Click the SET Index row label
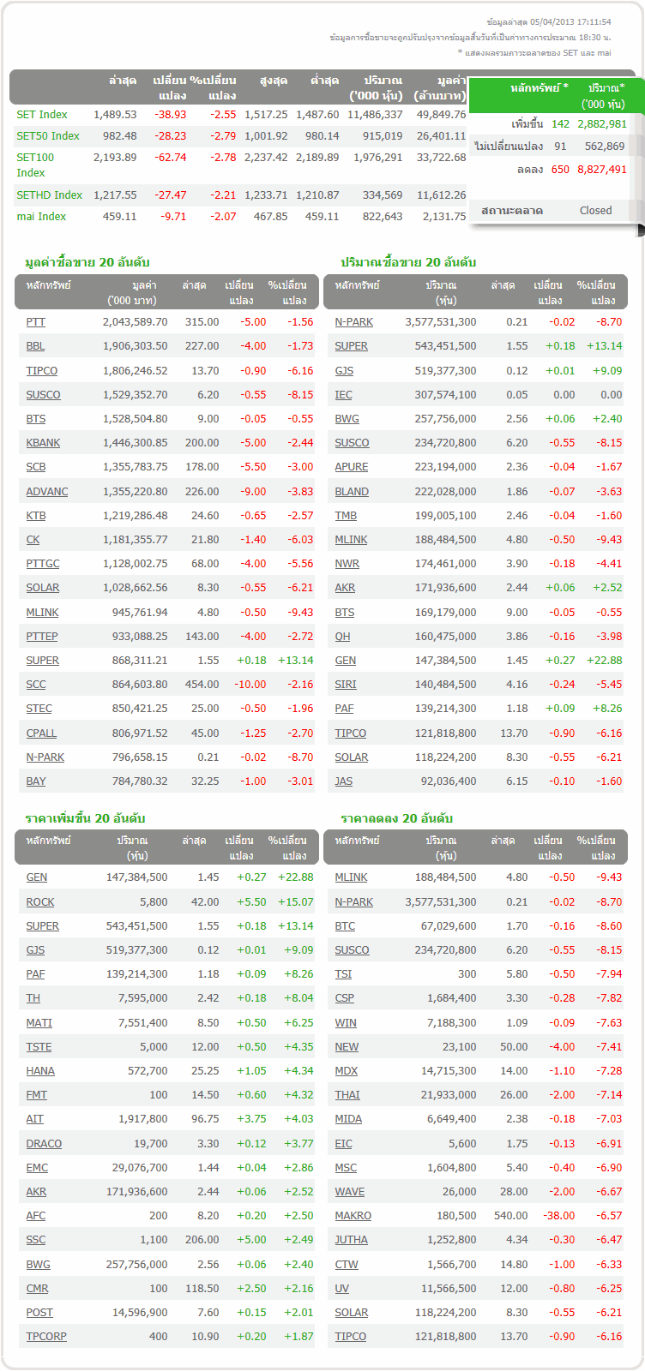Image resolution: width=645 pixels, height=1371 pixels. (x=42, y=115)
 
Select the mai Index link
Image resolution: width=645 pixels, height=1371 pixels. (x=41, y=217)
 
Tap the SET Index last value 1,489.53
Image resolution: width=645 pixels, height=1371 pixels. (x=115, y=115)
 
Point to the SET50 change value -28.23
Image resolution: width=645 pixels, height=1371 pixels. (x=170, y=136)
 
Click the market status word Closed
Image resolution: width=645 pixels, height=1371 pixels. (x=595, y=211)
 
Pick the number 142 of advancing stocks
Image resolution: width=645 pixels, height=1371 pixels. (x=560, y=124)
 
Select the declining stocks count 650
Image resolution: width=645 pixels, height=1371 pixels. (x=560, y=170)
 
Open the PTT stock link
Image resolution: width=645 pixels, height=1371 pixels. (x=36, y=322)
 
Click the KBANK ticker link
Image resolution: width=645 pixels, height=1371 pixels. (x=43, y=443)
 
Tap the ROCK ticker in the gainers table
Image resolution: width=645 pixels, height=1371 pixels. (x=40, y=902)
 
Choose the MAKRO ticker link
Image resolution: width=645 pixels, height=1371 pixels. (x=353, y=1216)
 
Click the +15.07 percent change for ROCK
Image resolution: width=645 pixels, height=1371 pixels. (x=295, y=902)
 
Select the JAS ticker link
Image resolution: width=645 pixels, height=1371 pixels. (x=344, y=781)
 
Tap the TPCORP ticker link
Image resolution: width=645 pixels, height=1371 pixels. (x=46, y=1337)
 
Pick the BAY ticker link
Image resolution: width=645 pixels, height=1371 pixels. (x=36, y=781)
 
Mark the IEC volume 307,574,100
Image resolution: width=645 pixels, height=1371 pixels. (x=440, y=395)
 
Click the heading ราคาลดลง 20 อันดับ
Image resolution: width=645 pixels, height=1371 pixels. (x=396, y=818)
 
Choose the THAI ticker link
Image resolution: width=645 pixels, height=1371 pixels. (x=347, y=1095)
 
